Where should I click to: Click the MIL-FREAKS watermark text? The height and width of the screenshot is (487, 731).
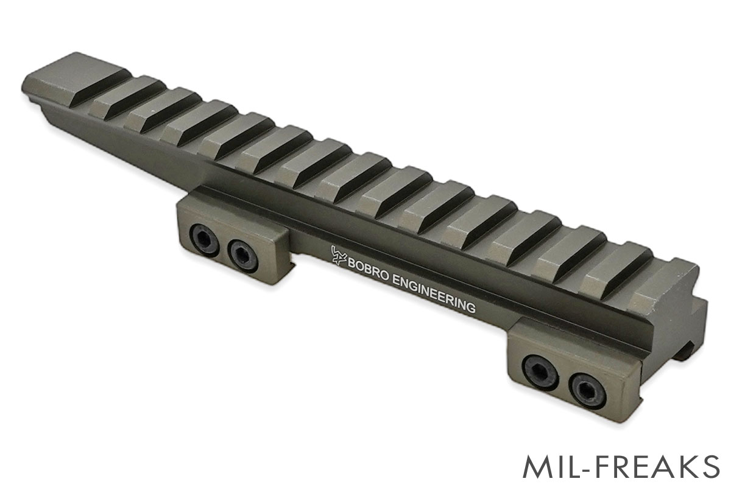(x=621, y=466)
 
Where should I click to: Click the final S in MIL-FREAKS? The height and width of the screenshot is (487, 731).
(x=708, y=466)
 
